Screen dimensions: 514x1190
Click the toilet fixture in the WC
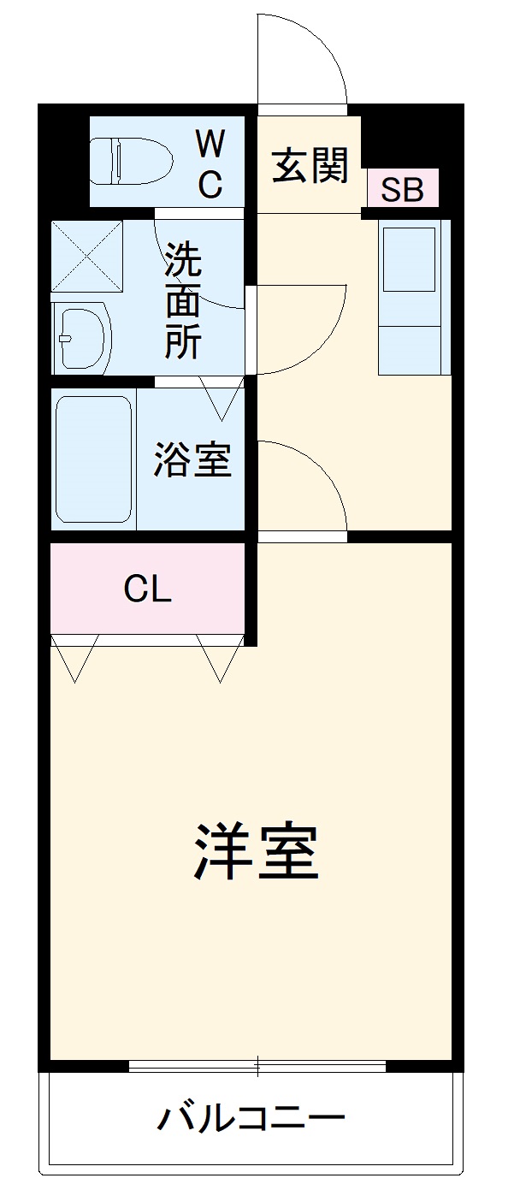(x=131, y=161)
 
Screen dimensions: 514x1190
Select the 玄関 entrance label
(x=310, y=165)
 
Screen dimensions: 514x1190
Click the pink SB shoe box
(x=403, y=188)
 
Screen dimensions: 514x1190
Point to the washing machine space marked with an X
(x=87, y=256)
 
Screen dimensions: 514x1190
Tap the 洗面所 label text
(x=183, y=300)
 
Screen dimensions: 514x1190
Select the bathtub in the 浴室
(x=94, y=459)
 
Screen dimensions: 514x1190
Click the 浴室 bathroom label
(x=192, y=459)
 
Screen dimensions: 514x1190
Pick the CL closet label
(x=148, y=589)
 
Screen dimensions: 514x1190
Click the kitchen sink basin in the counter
(x=410, y=259)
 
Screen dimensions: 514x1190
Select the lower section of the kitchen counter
(x=410, y=350)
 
